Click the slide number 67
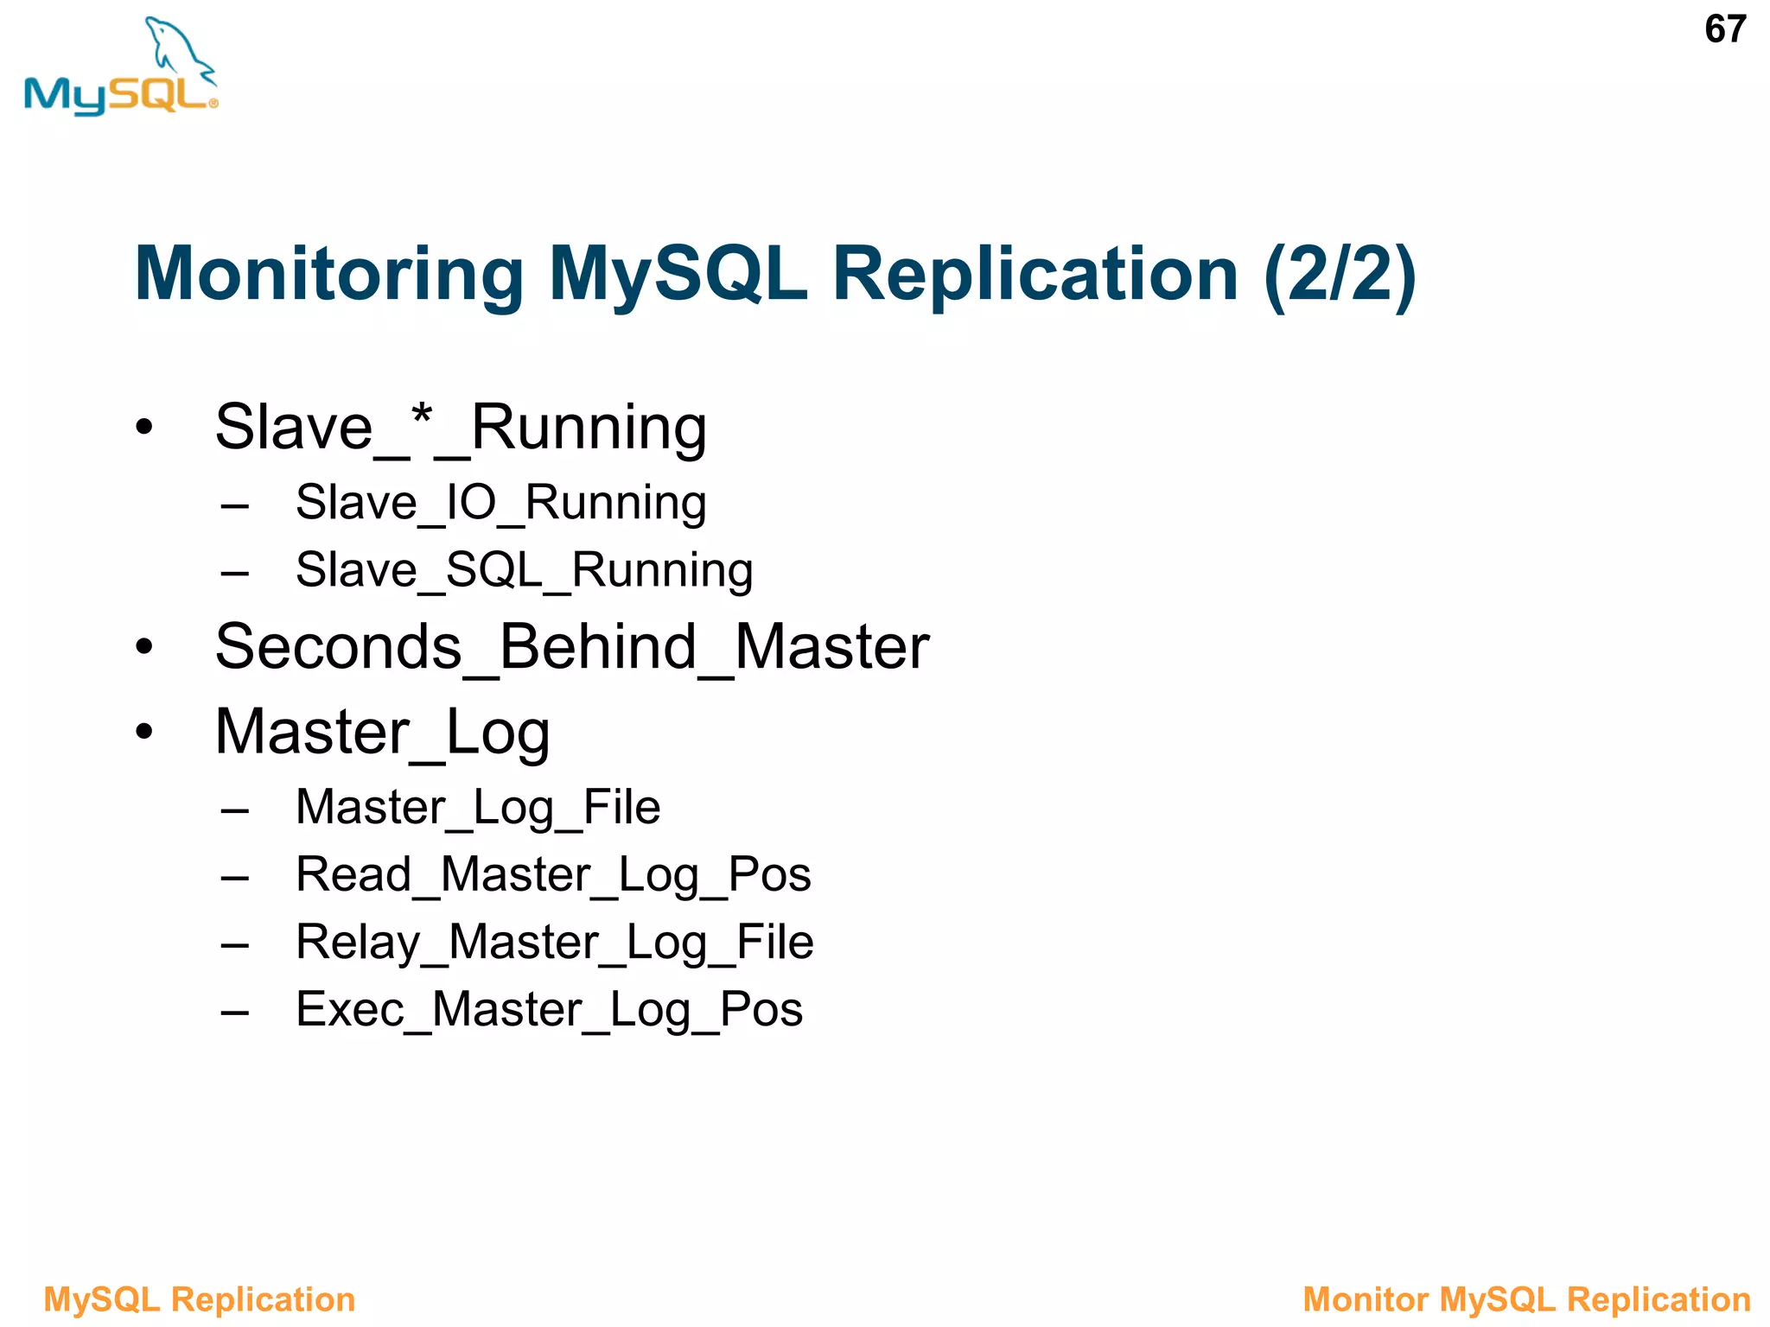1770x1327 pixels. pos(1724,30)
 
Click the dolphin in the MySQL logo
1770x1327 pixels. pos(177,48)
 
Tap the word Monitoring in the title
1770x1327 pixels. pos(329,274)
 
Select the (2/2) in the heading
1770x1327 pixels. pos(1339,274)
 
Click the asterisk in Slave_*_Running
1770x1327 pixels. pos(422,417)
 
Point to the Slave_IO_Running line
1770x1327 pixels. pos(500,503)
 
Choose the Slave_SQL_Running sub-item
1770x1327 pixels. pos(524,570)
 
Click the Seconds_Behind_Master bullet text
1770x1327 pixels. pos(571,647)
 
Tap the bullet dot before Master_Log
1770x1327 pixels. pos(144,732)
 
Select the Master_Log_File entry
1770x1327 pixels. pos(477,808)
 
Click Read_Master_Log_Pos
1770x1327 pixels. pos(553,874)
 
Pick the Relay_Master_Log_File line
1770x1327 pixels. pos(554,942)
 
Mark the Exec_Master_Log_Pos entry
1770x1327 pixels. pos(549,1009)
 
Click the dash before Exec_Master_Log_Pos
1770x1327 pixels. pos(234,1012)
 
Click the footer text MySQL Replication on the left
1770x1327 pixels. pos(199,1299)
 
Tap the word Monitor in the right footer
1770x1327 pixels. pos(1365,1299)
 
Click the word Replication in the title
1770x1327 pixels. pos(1035,274)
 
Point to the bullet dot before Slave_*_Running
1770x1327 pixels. pos(144,427)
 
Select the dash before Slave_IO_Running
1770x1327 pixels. pos(234,505)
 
